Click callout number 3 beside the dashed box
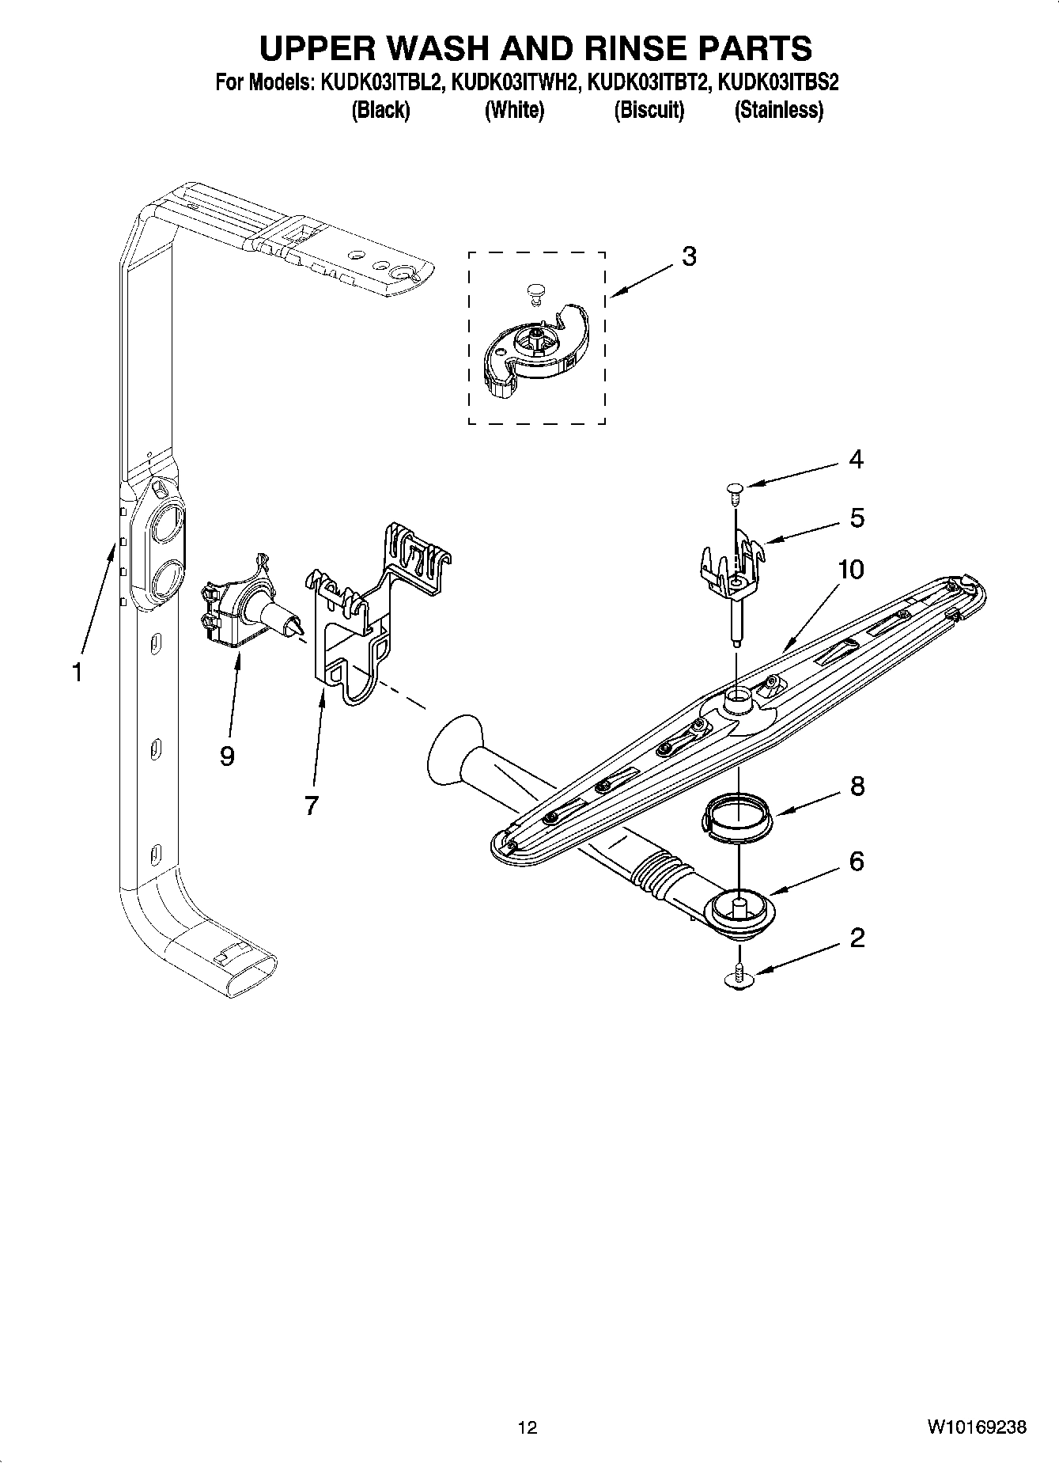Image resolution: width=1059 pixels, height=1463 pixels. click(x=689, y=257)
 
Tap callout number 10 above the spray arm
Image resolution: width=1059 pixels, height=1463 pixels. click(x=850, y=570)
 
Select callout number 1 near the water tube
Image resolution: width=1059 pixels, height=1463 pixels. click(x=77, y=673)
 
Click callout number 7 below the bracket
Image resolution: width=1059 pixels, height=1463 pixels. click(x=311, y=806)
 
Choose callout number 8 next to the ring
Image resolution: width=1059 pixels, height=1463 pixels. click(x=857, y=786)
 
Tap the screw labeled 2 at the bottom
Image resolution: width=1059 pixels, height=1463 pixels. click(x=738, y=978)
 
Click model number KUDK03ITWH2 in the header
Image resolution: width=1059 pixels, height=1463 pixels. click(x=512, y=82)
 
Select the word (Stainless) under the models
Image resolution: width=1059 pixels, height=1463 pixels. click(x=779, y=110)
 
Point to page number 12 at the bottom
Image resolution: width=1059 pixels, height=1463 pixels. click(x=528, y=1427)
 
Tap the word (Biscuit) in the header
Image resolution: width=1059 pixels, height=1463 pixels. click(x=649, y=110)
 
